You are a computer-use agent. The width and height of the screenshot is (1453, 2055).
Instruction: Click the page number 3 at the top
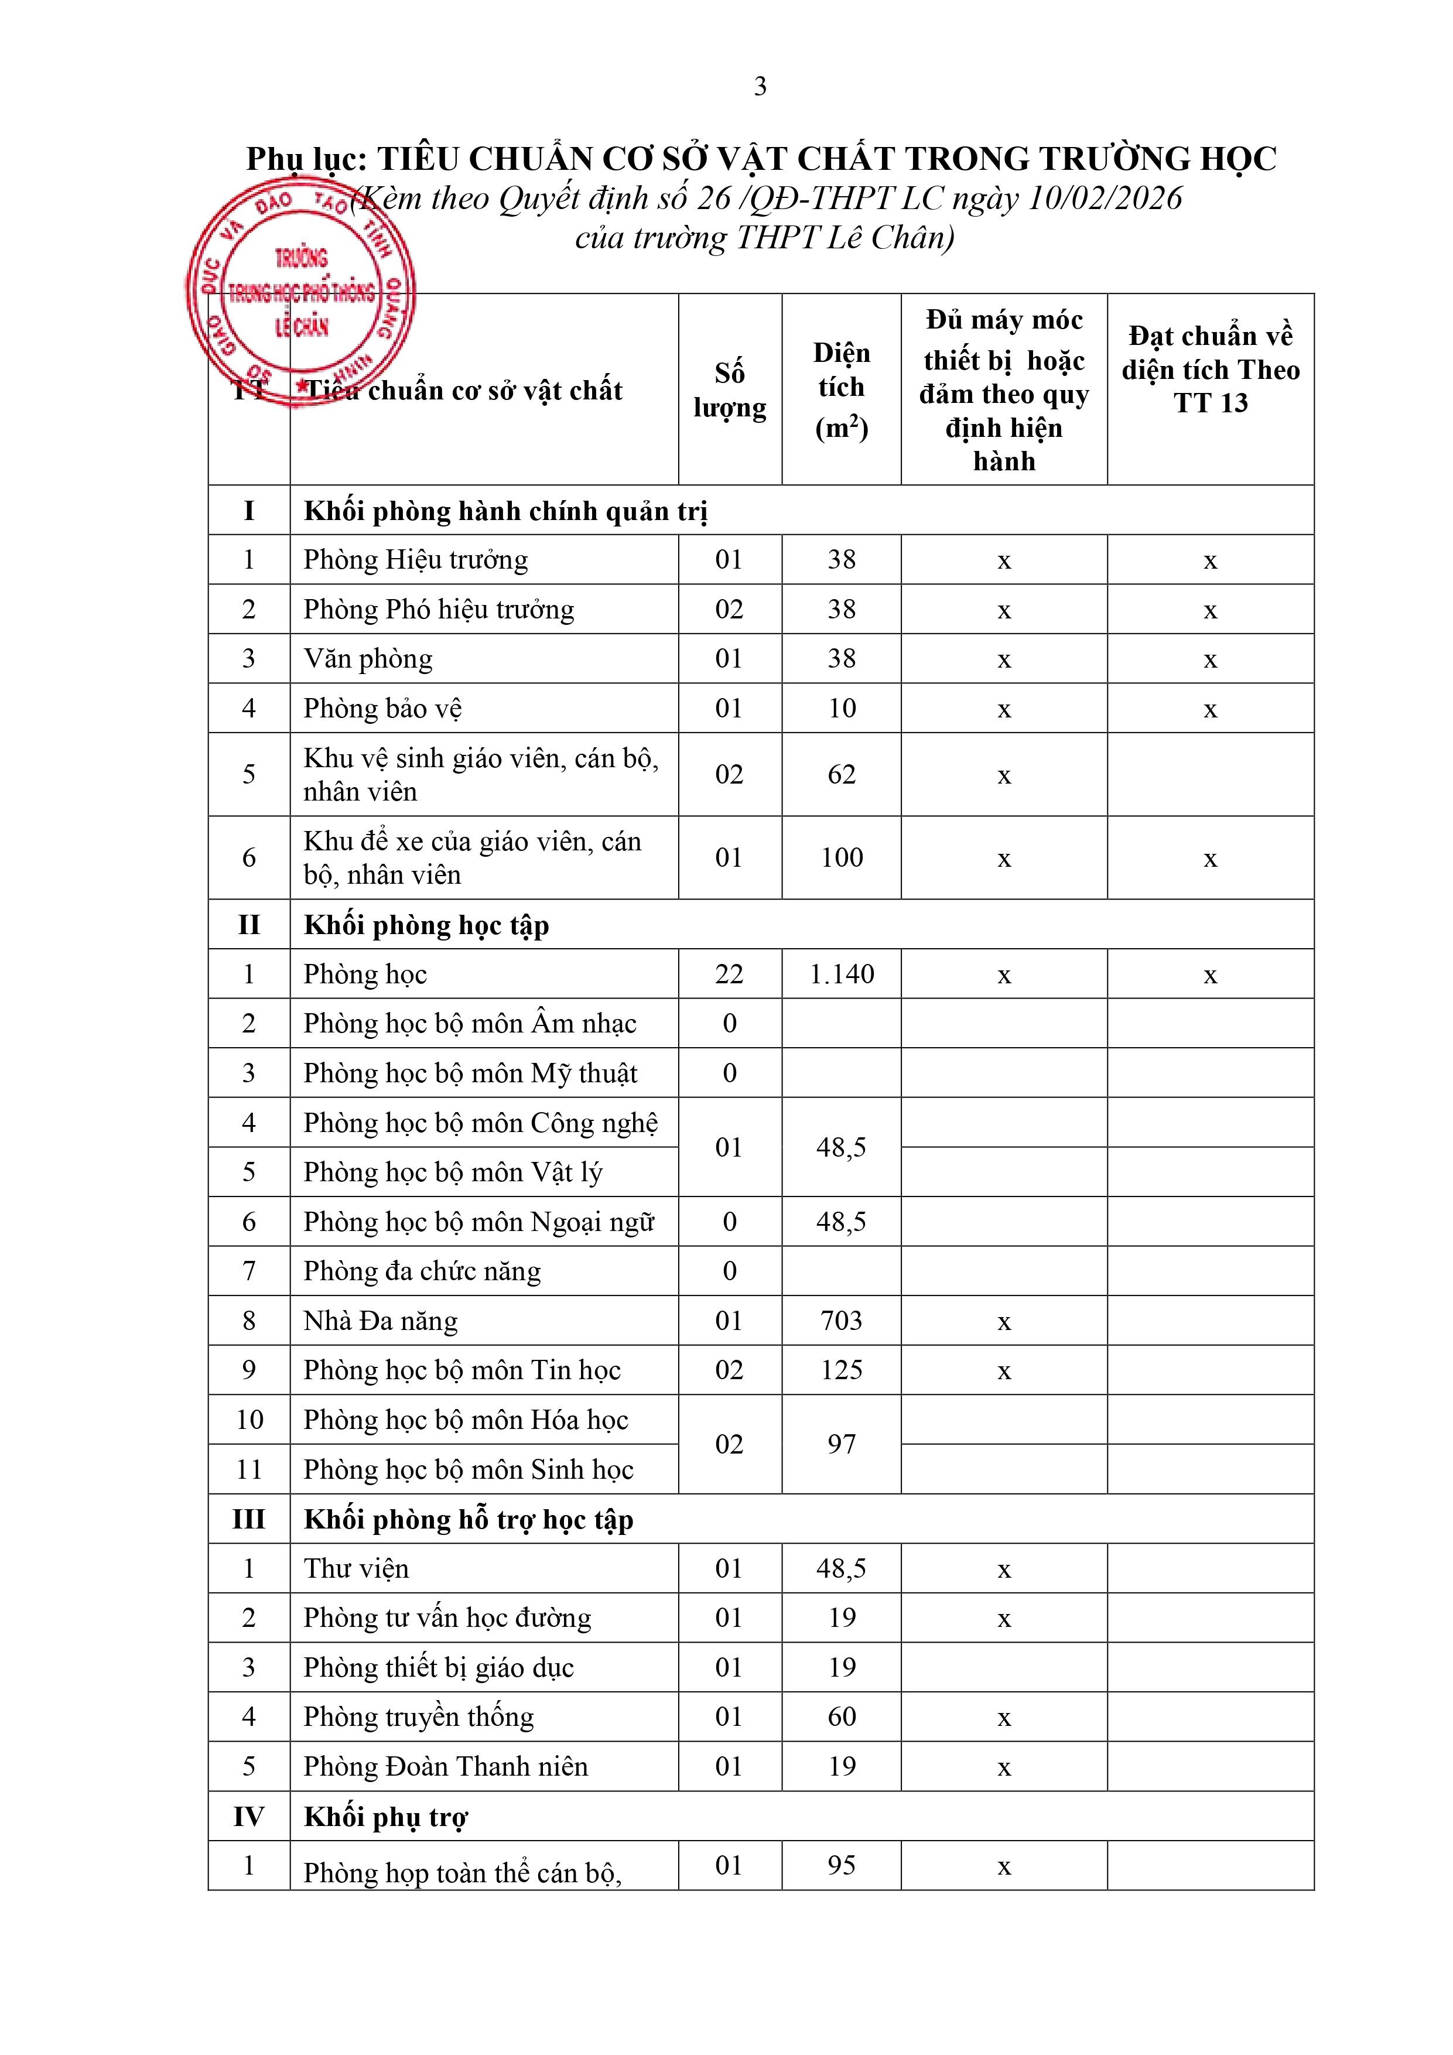[x=760, y=86]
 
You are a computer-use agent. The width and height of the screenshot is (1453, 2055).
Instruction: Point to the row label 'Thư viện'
[x=356, y=1568]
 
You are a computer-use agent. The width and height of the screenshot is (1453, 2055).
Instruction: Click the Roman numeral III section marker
[x=249, y=1519]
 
